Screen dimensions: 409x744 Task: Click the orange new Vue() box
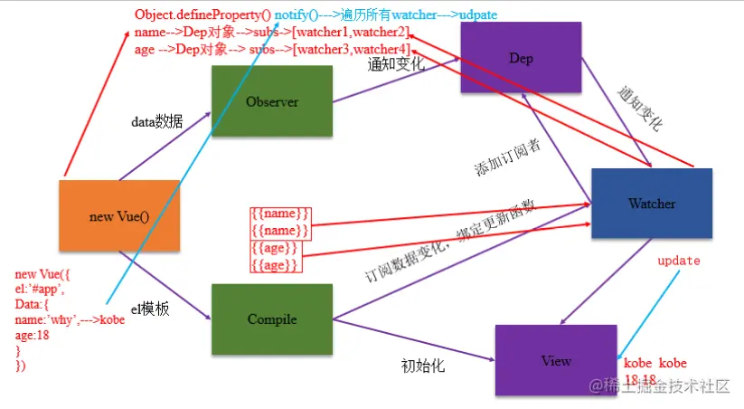coord(118,216)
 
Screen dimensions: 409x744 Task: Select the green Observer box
coord(271,101)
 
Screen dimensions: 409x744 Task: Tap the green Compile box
coord(271,319)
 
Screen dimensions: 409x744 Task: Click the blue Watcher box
coord(651,204)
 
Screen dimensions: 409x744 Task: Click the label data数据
coord(156,123)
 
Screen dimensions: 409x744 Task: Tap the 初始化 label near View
coord(423,366)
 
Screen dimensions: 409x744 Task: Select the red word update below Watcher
coord(678,261)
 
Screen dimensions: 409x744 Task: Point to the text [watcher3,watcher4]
coord(359,49)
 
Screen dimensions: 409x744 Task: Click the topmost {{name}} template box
coord(280,214)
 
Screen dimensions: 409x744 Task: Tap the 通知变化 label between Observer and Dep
coord(396,65)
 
